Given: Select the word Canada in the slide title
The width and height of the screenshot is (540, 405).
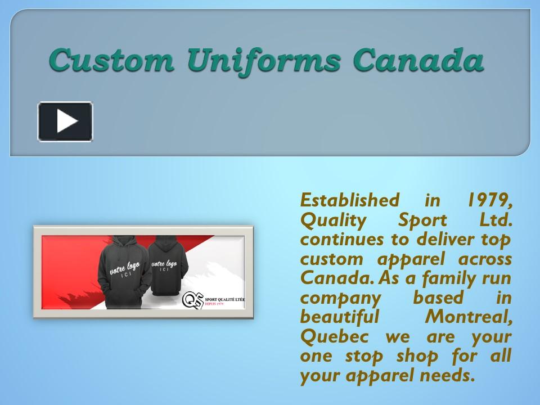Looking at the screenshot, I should click(x=418, y=60).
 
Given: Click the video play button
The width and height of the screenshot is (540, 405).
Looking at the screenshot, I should click(x=65, y=121).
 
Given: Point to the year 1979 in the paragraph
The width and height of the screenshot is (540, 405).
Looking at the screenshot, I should click(x=489, y=199).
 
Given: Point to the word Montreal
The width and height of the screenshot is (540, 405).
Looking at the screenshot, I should click(x=469, y=316).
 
